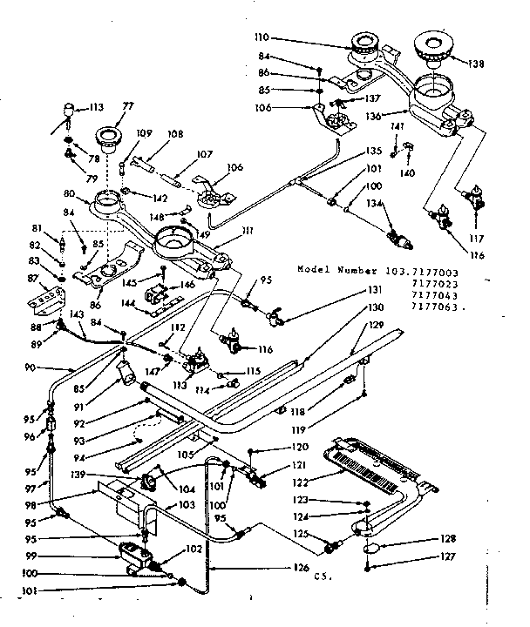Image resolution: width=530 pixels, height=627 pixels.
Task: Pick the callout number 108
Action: point(175,135)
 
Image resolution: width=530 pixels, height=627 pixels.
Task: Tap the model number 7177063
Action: point(431,307)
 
